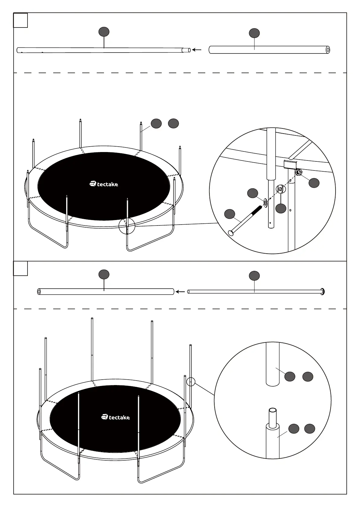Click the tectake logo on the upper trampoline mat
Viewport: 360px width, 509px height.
104,184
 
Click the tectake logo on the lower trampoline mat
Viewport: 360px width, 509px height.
115,417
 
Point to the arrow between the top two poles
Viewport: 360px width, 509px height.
197,50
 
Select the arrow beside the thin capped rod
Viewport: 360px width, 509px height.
180,292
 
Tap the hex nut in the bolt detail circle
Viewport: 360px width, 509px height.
298,173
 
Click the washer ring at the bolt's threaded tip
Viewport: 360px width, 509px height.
265,203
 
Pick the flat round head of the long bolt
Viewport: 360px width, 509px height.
231,233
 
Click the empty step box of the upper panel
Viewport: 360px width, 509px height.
21,20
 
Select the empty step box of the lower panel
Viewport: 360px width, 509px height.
21,268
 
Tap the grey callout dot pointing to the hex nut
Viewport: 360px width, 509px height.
314,183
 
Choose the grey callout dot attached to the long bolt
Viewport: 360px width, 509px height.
230,214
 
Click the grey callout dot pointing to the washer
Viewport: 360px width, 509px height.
253,193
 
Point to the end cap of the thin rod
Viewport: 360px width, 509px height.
323,291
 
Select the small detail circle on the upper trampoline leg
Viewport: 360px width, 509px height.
127,226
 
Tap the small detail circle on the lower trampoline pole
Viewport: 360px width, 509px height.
191,382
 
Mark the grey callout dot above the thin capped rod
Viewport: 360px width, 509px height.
254,276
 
